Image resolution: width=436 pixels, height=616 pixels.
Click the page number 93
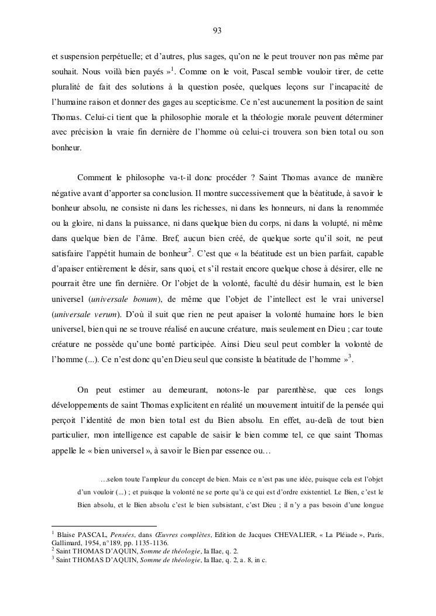coord(217,30)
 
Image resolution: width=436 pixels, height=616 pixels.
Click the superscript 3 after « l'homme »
coord(349,355)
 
